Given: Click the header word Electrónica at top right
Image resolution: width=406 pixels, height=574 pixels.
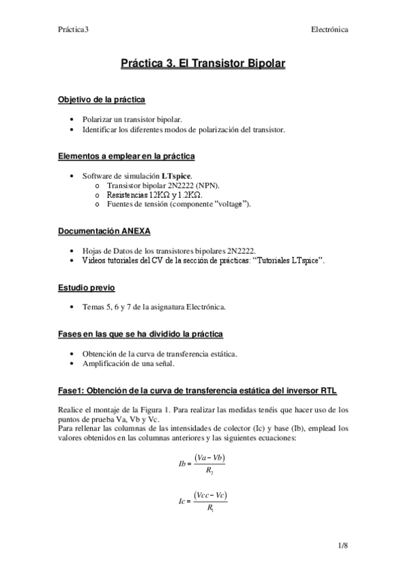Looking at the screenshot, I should pyautogui.click(x=329, y=30).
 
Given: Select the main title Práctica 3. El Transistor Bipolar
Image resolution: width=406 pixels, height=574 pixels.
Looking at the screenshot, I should pyautogui.click(x=203, y=64).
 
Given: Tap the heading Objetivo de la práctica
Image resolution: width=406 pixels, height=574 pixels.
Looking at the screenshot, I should pyautogui.click(x=101, y=100).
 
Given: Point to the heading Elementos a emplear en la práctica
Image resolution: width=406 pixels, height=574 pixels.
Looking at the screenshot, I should pyautogui.click(x=126, y=156).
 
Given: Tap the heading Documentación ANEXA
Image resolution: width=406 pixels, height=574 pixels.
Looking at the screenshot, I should pyautogui.click(x=104, y=231).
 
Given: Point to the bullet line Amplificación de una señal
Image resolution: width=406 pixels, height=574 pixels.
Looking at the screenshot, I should pyautogui.click(x=128, y=363).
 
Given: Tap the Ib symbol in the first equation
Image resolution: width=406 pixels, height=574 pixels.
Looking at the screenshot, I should pyautogui.click(x=181, y=464).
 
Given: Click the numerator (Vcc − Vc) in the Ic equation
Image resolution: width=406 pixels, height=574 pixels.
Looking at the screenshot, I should pyautogui.click(x=209, y=496).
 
